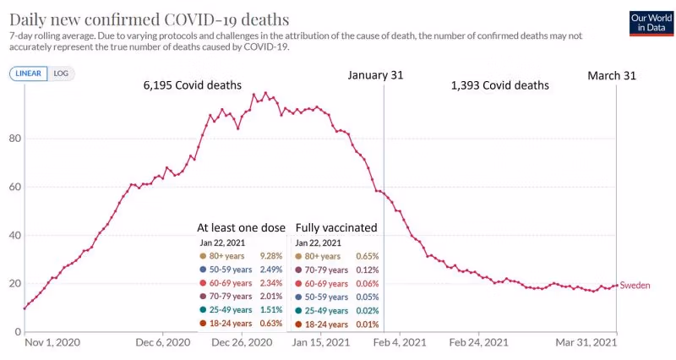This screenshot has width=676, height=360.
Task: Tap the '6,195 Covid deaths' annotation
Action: tap(193, 85)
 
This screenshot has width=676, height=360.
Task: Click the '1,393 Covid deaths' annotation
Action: tap(500, 85)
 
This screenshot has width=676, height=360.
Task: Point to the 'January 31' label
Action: tap(375, 75)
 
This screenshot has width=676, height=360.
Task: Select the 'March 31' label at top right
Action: tap(613, 75)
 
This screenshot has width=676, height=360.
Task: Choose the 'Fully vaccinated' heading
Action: tap(335, 228)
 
